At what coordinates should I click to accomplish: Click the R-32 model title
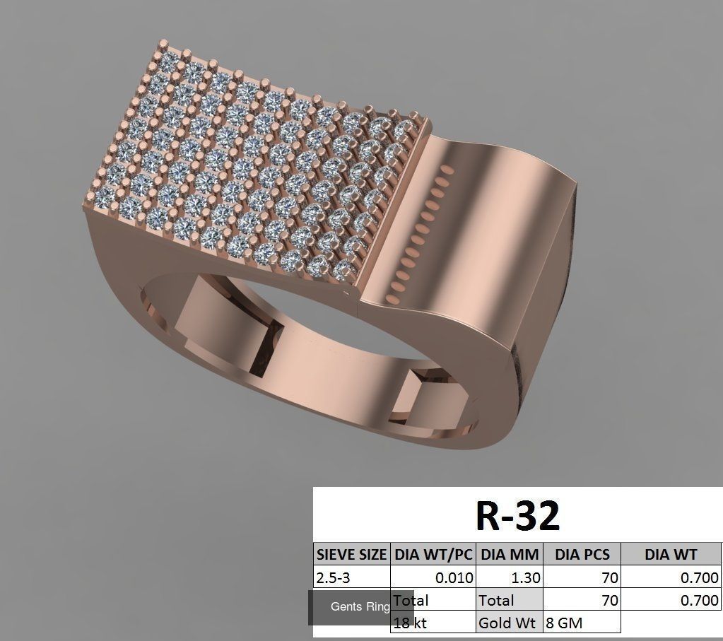517,515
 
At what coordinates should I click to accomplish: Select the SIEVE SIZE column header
351,554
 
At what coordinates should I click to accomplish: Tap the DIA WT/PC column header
433,554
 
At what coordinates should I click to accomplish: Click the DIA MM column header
510,554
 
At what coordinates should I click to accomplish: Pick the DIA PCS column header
582,554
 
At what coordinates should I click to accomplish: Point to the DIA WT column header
670,554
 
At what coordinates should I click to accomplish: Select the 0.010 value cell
454,577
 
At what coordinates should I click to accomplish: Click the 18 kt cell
411,623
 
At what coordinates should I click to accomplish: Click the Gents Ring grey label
360,607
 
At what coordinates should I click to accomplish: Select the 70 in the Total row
609,601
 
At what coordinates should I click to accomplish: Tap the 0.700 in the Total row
699,601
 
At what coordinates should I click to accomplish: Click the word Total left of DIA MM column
411,601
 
